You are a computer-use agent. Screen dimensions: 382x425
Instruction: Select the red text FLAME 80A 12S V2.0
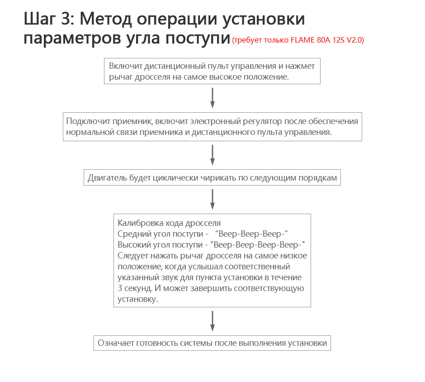click(x=330, y=40)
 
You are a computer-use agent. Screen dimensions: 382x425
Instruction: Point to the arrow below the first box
click(x=212, y=97)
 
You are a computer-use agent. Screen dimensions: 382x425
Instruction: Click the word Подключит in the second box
click(x=85, y=121)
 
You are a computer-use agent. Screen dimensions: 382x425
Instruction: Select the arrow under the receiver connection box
click(x=212, y=155)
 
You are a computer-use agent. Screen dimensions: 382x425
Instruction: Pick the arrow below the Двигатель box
click(x=212, y=199)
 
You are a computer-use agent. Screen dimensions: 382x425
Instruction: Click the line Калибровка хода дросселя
click(x=169, y=223)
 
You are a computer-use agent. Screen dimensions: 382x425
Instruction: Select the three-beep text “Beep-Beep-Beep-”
click(x=253, y=234)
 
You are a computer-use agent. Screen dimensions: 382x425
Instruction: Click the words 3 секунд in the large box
click(x=135, y=288)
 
